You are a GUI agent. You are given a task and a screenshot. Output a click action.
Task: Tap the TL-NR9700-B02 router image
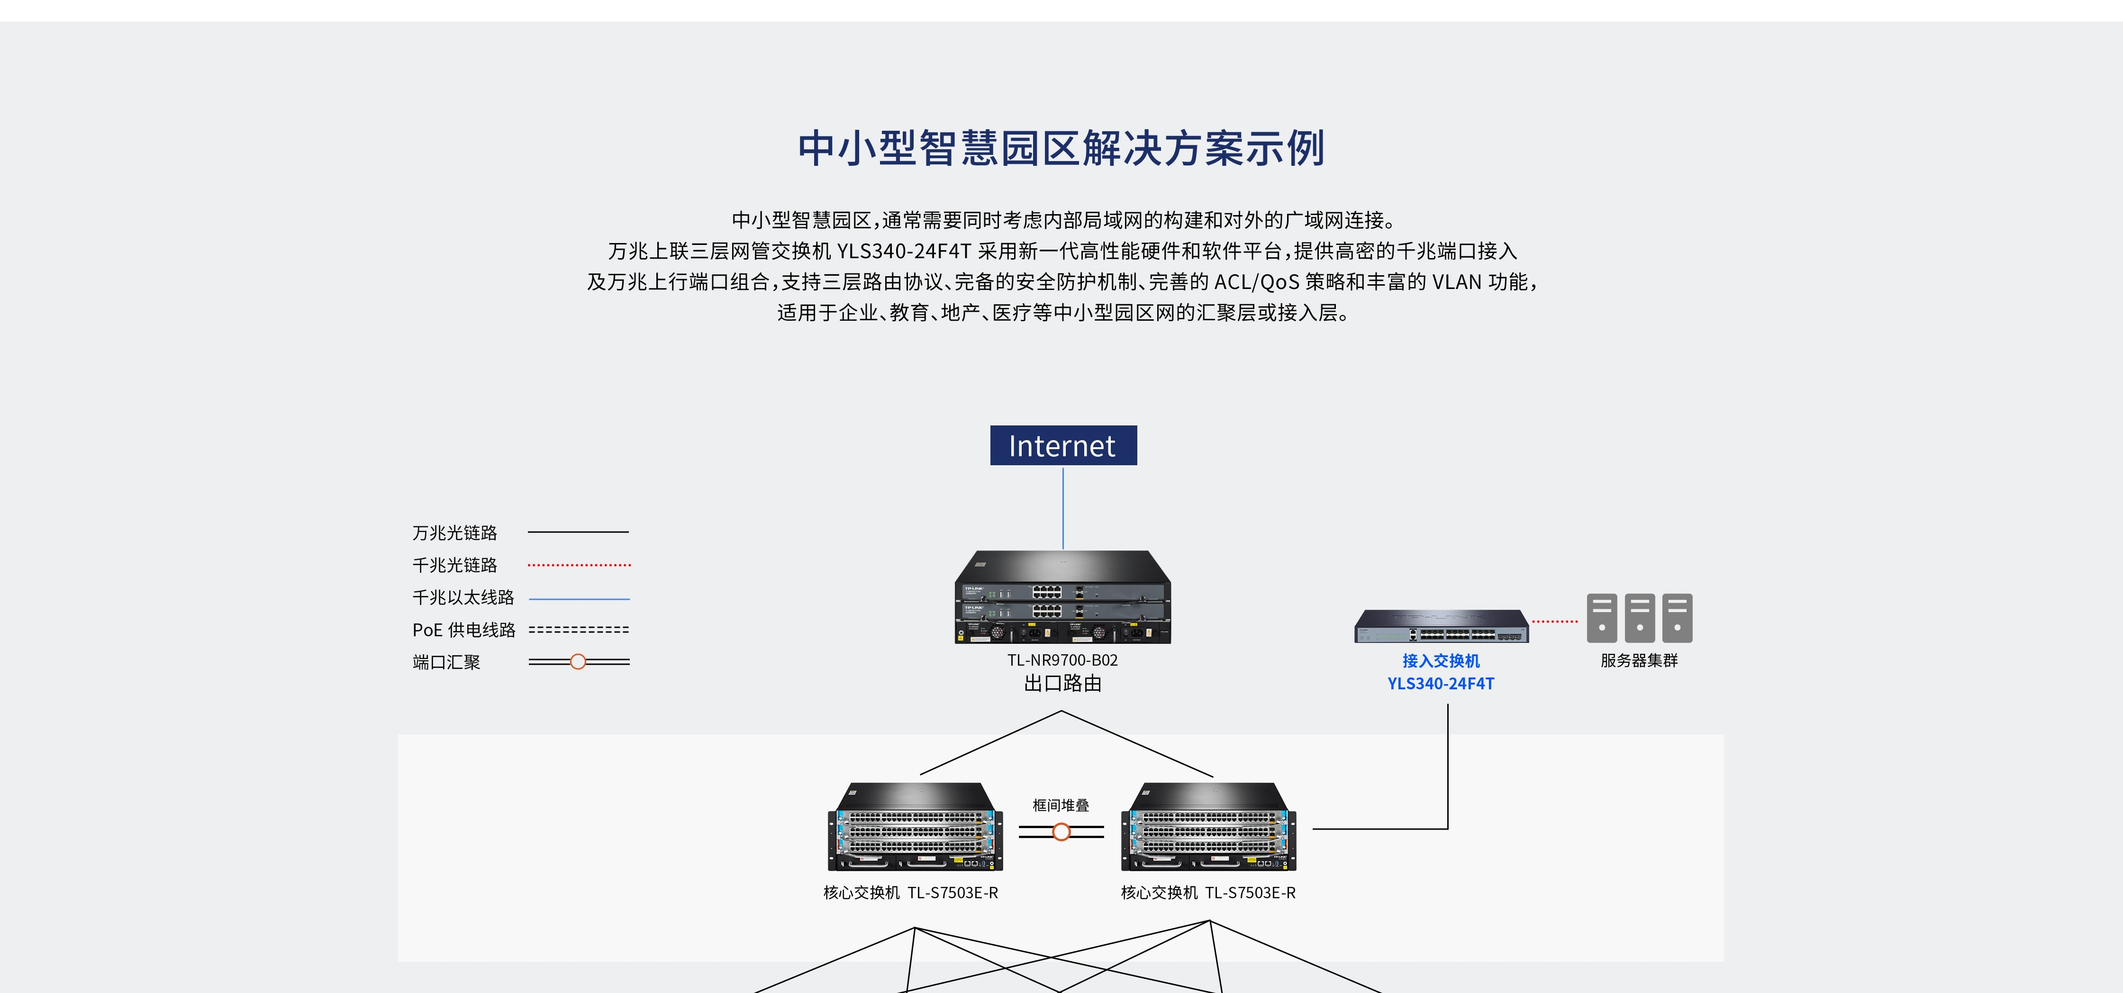[x=1062, y=597]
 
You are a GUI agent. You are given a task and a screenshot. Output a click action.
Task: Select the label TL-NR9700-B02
[x=1062, y=660]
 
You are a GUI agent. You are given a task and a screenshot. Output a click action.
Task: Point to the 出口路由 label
[x=1062, y=683]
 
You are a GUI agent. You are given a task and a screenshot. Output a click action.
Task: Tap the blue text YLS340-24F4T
[x=1441, y=683]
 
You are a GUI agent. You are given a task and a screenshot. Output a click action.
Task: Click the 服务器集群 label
[x=1638, y=660]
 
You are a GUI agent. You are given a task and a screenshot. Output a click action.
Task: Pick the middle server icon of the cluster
[x=1639, y=617]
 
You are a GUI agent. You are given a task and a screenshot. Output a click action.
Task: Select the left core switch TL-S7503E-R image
[x=915, y=827]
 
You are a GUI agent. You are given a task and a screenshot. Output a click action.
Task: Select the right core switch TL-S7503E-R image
[x=1208, y=827]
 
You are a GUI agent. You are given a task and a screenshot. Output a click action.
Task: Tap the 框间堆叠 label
[x=1061, y=805]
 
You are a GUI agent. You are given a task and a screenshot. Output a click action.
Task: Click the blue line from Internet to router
[x=1063, y=507]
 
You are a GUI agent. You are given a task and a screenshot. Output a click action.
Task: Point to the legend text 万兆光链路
[x=455, y=533]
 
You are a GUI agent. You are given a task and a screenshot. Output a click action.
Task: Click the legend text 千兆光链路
[x=455, y=565]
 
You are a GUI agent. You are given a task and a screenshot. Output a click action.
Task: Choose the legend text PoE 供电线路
[x=463, y=630]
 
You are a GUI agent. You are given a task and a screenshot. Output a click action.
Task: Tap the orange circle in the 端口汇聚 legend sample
[x=578, y=662]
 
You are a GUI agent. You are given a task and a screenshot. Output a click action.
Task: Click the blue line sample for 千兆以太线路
[x=579, y=598]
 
